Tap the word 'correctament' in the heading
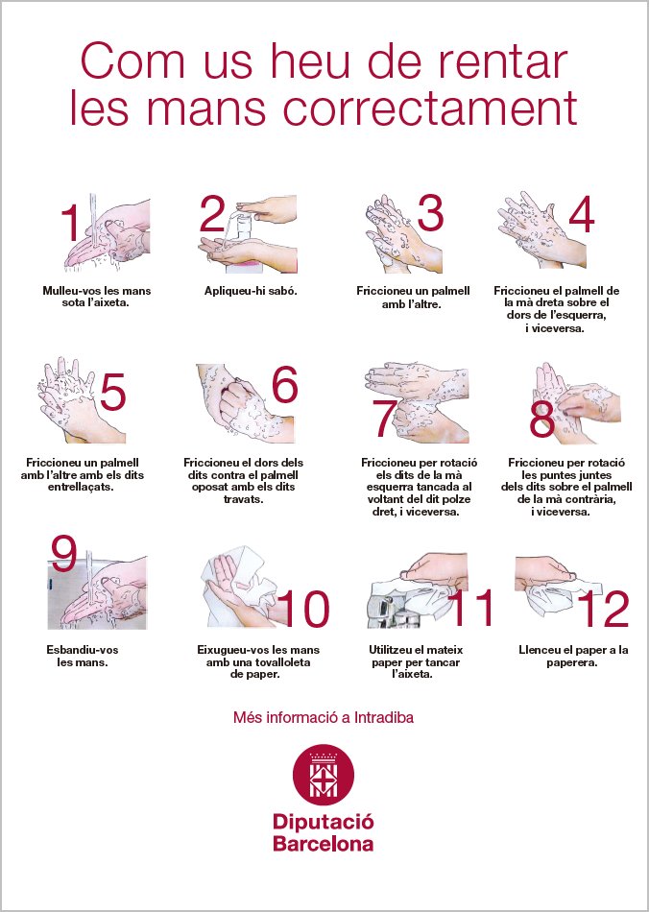click(x=431, y=108)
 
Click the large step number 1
click(x=70, y=222)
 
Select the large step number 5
click(x=112, y=392)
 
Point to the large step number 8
click(x=541, y=420)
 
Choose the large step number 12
click(x=603, y=609)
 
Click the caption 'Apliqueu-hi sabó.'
click(x=251, y=291)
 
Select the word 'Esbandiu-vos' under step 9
click(x=82, y=650)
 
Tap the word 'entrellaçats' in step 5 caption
click(x=81, y=487)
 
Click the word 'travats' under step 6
click(x=243, y=499)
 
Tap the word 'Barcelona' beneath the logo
click(x=324, y=844)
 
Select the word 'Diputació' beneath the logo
click(x=324, y=823)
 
